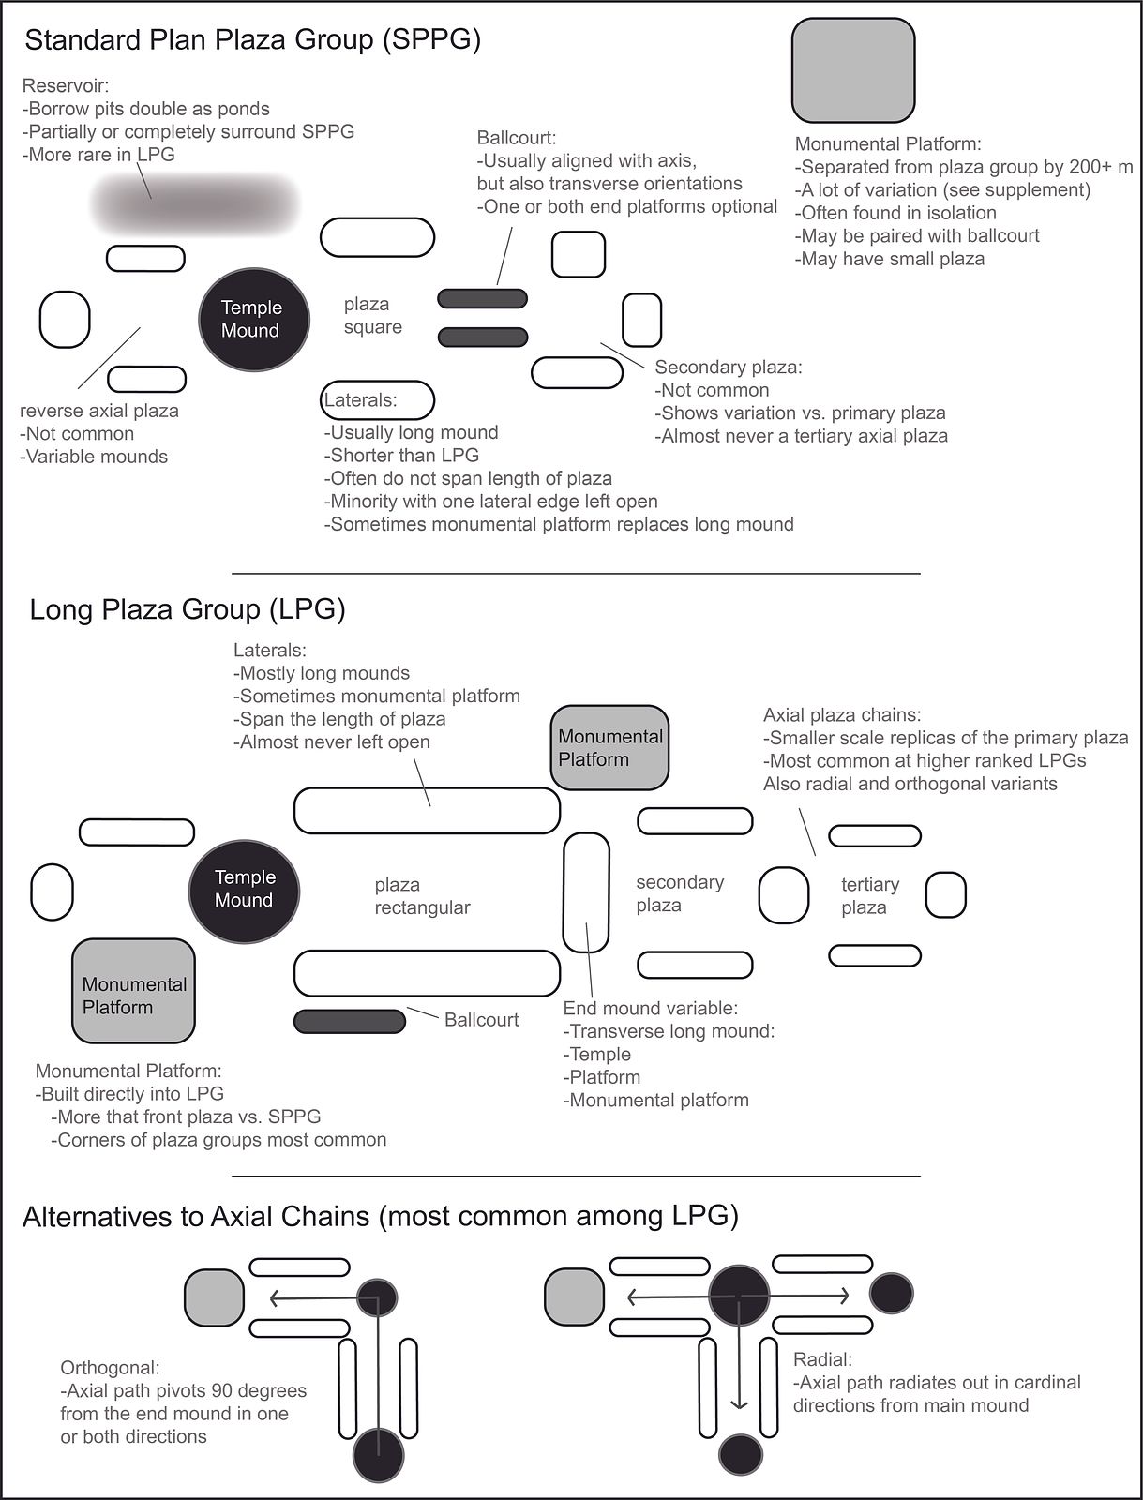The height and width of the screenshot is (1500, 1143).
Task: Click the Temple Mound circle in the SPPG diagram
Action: pos(253,319)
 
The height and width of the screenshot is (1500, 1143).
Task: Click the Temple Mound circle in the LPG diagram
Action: pos(244,892)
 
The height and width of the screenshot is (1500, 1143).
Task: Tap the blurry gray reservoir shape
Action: pos(195,202)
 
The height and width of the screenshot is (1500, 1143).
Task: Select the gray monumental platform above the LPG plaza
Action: pos(609,747)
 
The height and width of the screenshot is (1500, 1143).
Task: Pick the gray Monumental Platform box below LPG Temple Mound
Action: pos(133,990)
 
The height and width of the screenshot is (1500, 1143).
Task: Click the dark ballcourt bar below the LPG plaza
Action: pos(349,1021)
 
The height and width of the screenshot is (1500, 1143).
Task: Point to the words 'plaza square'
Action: pos(372,315)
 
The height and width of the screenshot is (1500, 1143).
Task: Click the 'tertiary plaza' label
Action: pos(870,896)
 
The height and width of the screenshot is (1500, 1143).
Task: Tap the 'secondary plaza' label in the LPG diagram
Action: pos(680,893)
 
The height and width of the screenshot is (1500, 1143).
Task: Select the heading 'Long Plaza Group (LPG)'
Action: pos(188,608)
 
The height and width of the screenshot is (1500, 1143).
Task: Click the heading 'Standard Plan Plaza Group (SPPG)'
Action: pos(253,39)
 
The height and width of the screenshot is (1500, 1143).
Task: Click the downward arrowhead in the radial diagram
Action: pos(739,1402)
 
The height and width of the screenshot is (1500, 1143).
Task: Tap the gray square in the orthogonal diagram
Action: pos(214,1297)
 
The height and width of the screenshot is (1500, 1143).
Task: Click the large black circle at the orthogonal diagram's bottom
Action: pos(378,1456)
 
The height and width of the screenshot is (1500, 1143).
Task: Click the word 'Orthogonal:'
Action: pos(110,1368)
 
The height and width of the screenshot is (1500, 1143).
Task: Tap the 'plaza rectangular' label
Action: pos(422,896)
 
